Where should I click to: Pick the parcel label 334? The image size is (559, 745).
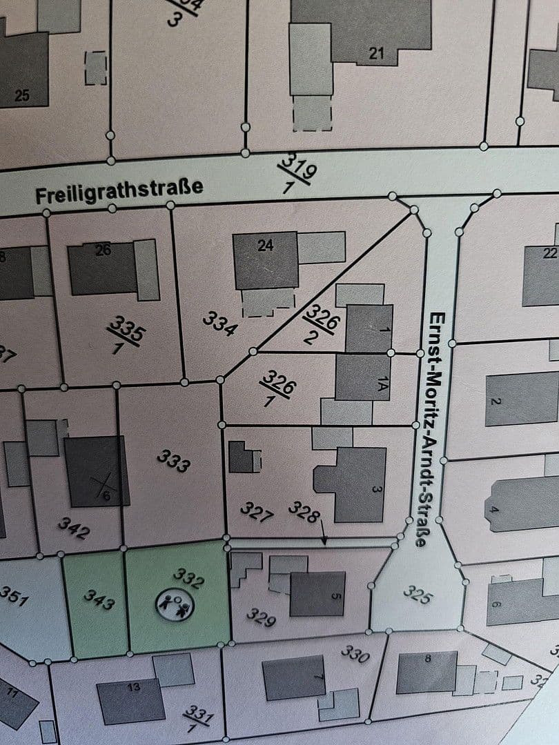[x=220, y=322]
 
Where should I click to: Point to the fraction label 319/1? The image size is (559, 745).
[x=297, y=172]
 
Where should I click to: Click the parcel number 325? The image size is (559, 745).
[x=417, y=593]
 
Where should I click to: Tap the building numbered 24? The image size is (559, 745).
[x=266, y=261]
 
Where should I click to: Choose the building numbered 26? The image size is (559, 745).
[x=104, y=266]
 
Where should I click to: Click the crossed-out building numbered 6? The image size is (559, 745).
[x=97, y=470]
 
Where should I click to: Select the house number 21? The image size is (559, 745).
[x=376, y=52]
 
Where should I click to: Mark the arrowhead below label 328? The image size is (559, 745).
[x=325, y=543]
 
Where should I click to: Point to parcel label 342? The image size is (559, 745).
[x=73, y=529]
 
